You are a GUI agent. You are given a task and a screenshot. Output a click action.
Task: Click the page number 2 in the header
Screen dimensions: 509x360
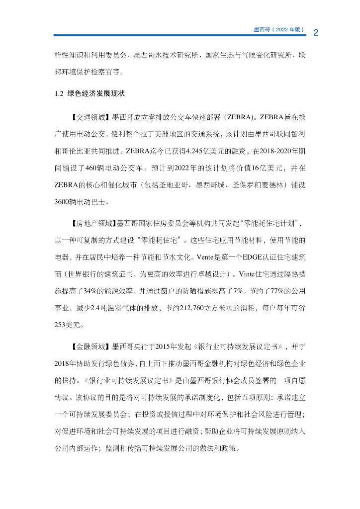[316, 33]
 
